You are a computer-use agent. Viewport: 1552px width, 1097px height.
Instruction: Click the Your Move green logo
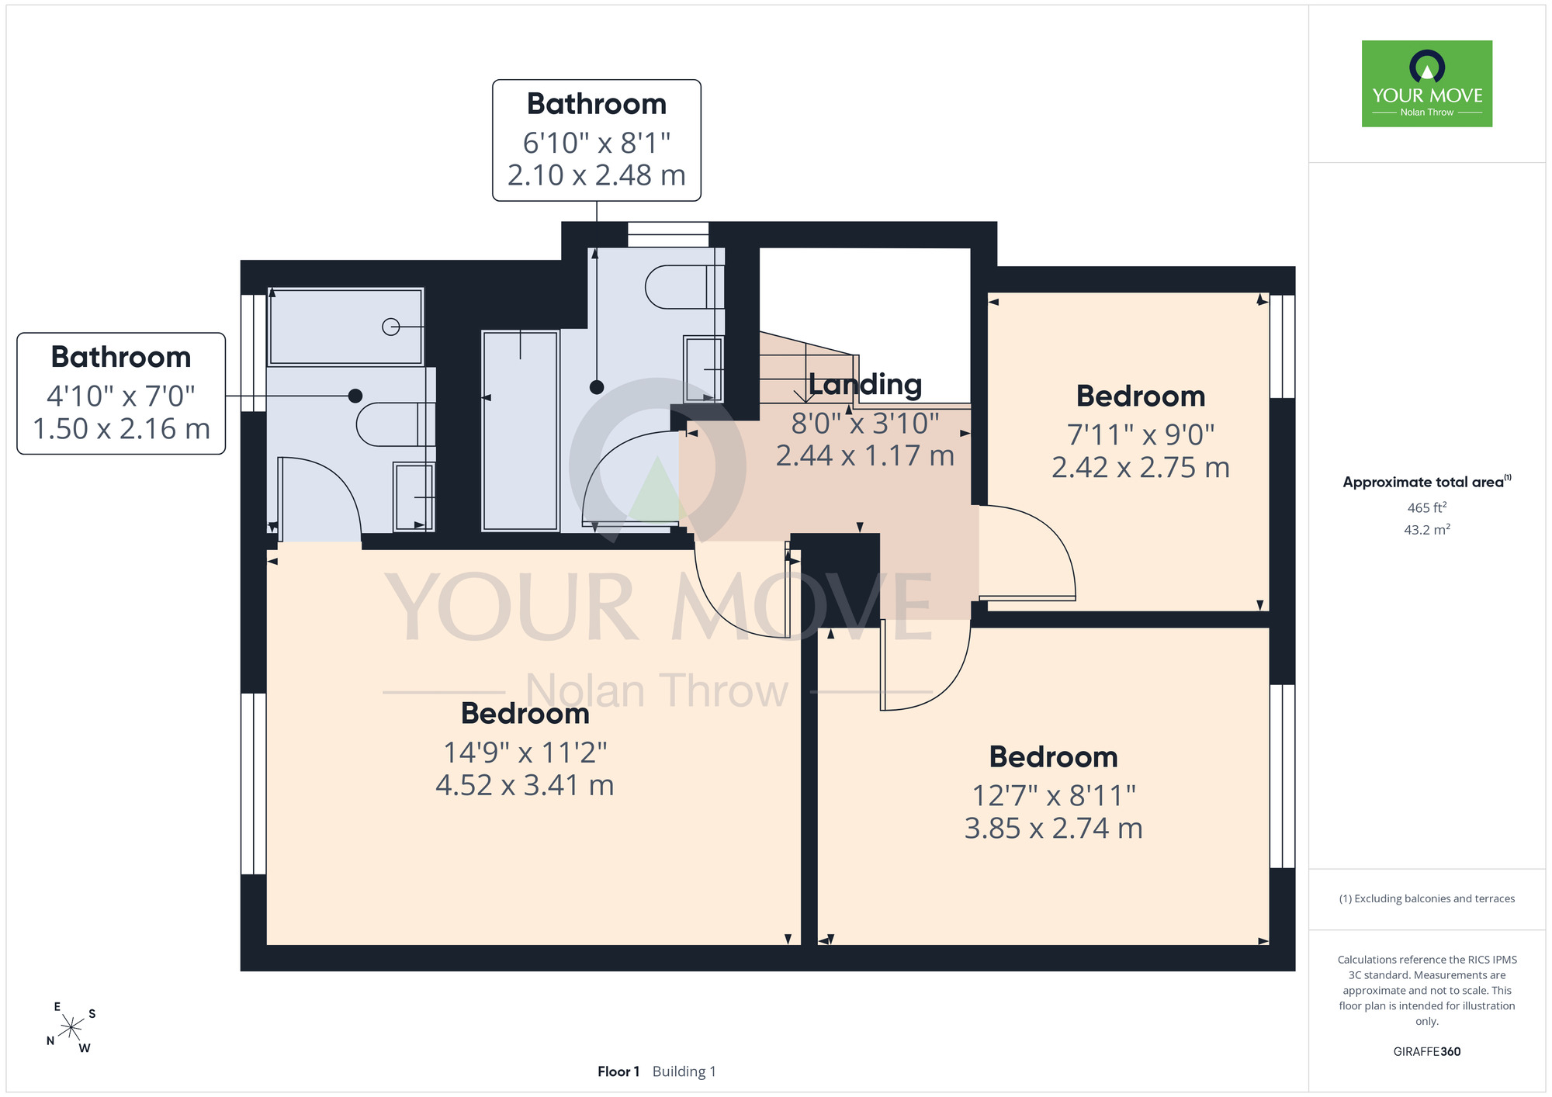coord(1426,84)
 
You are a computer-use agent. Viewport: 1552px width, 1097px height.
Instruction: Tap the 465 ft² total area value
coord(1427,507)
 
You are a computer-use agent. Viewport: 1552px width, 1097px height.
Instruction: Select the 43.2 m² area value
coord(1427,530)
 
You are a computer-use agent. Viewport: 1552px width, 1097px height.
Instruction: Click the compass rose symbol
coord(71,1028)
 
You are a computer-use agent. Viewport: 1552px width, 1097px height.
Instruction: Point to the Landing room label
coord(865,384)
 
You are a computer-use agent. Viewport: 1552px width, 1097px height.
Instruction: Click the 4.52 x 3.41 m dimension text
coord(525,785)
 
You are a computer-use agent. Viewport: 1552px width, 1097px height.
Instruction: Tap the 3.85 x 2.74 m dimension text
coord(1054,829)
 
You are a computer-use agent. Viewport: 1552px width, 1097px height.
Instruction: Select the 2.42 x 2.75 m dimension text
coord(1141,468)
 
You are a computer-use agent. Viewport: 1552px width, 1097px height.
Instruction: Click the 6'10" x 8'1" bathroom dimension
coord(597,143)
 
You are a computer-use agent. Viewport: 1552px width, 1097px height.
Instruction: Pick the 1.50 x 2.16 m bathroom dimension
coord(122,429)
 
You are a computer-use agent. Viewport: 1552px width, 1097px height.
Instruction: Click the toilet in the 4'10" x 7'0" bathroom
coord(396,424)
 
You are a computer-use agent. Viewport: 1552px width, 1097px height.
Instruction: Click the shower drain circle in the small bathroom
coord(391,327)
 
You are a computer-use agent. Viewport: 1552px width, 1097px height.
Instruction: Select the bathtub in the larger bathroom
coord(520,431)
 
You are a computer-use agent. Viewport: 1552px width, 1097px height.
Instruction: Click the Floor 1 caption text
coord(618,1071)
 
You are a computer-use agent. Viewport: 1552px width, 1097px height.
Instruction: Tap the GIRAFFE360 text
coord(1427,1052)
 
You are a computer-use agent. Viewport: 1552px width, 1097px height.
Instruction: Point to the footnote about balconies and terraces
coord(1427,898)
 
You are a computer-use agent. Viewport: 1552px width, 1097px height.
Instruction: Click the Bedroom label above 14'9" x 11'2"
coord(525,714)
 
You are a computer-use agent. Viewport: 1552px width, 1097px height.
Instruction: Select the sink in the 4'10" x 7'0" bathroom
coord(414,497)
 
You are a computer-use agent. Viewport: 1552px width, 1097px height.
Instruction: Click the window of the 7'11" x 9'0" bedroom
coord(1282,346)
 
